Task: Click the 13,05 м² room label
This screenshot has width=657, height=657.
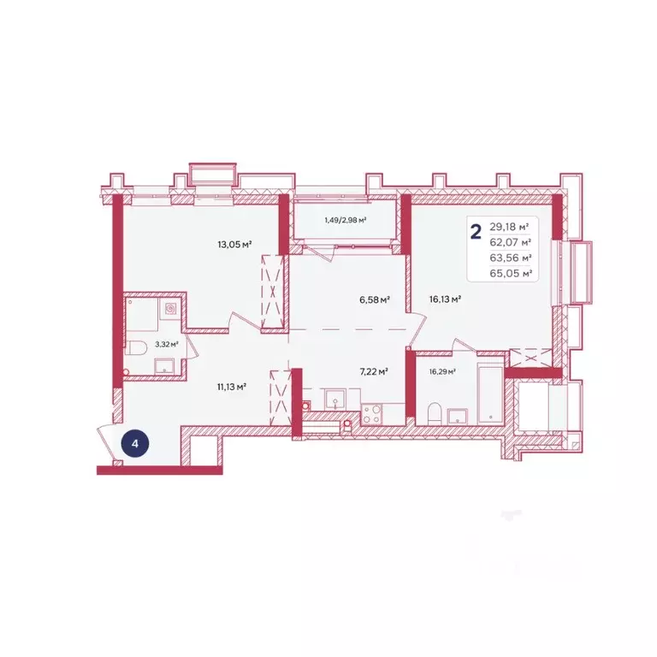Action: tap(234, 245)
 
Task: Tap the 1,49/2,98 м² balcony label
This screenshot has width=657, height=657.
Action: tap(346, 220)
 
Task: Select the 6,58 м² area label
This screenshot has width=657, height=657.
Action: tap(375, 299)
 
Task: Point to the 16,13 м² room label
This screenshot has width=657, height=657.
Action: tap(445, 299)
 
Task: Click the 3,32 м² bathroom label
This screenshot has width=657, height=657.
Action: tap(167, 345)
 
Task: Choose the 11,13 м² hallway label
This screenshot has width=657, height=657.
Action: tap(231, 387)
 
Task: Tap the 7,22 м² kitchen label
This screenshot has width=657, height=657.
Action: tap(374, 371)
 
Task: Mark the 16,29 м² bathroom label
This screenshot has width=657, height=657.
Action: tap(442, 371)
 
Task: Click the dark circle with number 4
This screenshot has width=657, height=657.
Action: tap(135, 443)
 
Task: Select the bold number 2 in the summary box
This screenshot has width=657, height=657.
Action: tap(476, 231)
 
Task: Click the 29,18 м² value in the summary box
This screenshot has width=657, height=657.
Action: tap(509, 227)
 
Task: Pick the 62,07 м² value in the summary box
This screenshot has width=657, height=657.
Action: tap(511, 242)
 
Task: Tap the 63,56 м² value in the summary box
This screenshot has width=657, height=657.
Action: tap(511, 257)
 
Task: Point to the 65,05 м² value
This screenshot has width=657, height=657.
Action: tap(511, 273)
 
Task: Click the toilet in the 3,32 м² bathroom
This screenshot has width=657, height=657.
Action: tap(135, 348)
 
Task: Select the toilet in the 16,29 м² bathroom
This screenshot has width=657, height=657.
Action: tap(435, 413)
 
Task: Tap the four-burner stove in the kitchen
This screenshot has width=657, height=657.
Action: tap(371, 414)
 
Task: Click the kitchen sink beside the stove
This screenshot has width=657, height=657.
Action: tap(335, 399)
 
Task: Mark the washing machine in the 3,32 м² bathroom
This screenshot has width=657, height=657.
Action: tap(170, 309)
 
